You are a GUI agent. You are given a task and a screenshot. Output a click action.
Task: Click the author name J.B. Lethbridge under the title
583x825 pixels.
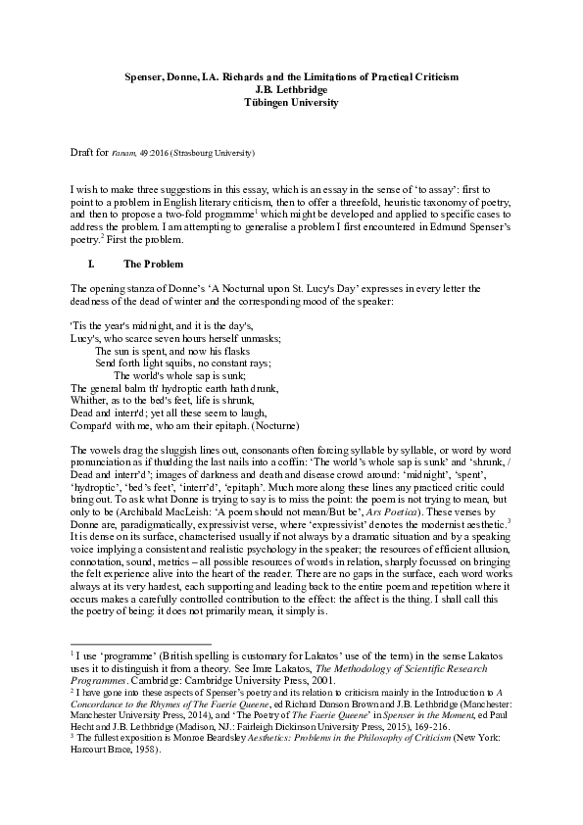pyautogui.click(x=291, y=88)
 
